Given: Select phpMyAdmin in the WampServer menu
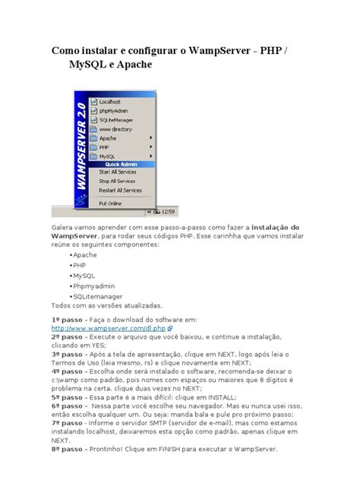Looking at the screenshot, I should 114,110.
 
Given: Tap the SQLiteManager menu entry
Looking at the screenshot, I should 116,120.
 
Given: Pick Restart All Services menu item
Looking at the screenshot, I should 121,191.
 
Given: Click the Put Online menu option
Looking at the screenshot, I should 111,203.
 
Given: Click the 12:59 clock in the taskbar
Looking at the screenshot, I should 147,211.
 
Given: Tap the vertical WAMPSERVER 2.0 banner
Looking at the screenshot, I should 79,148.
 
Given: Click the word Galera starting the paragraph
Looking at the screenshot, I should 65,227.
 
